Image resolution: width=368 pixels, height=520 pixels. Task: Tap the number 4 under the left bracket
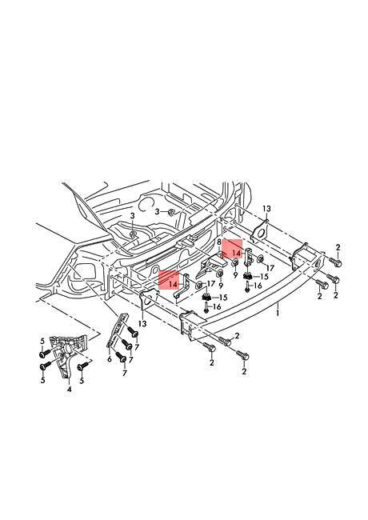tap(70, 390)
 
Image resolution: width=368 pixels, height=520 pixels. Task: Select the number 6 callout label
tap(109, 360)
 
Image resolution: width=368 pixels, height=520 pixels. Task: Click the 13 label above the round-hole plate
tap(266, 208)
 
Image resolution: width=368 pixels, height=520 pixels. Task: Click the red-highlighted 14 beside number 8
tap(235, 252)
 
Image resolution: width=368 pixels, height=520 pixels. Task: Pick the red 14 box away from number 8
tap(172, 283)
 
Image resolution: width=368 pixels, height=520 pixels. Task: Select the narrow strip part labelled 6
tap(118, 333)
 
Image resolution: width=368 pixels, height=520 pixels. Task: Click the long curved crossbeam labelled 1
tap(240, 308)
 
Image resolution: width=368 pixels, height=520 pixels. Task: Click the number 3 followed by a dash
tap(158, 211)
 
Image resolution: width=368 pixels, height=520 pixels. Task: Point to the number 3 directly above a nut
tap(132, 217)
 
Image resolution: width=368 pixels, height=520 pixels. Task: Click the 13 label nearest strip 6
tap(142, 323)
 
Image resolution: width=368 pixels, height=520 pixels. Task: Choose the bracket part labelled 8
tap(214, 265)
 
